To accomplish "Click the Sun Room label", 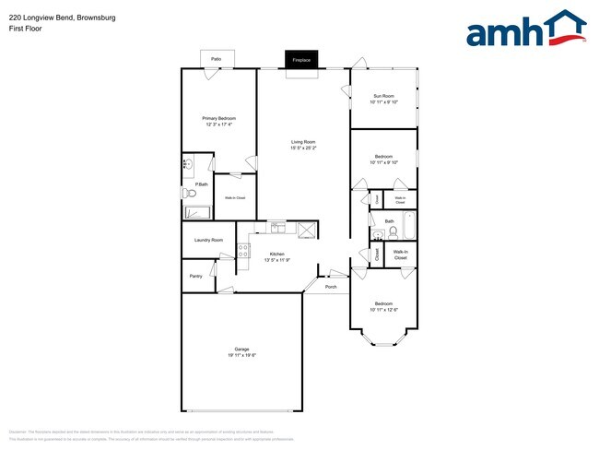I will tap(383, 96).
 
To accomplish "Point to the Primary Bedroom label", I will tap(219, 119).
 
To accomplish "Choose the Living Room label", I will tap(303, 141).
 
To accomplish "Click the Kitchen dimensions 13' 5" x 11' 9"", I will tap(276, 260).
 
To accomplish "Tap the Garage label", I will tap(241, 349).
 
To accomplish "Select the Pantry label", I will tap(195, 276).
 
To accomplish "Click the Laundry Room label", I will tap(208, 240).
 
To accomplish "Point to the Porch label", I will tap(331, 287).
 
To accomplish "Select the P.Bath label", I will tap(201, 185).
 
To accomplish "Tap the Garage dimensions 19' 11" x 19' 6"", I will tap(241, 355).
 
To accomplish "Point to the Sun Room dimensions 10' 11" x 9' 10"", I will tap(383, 102).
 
